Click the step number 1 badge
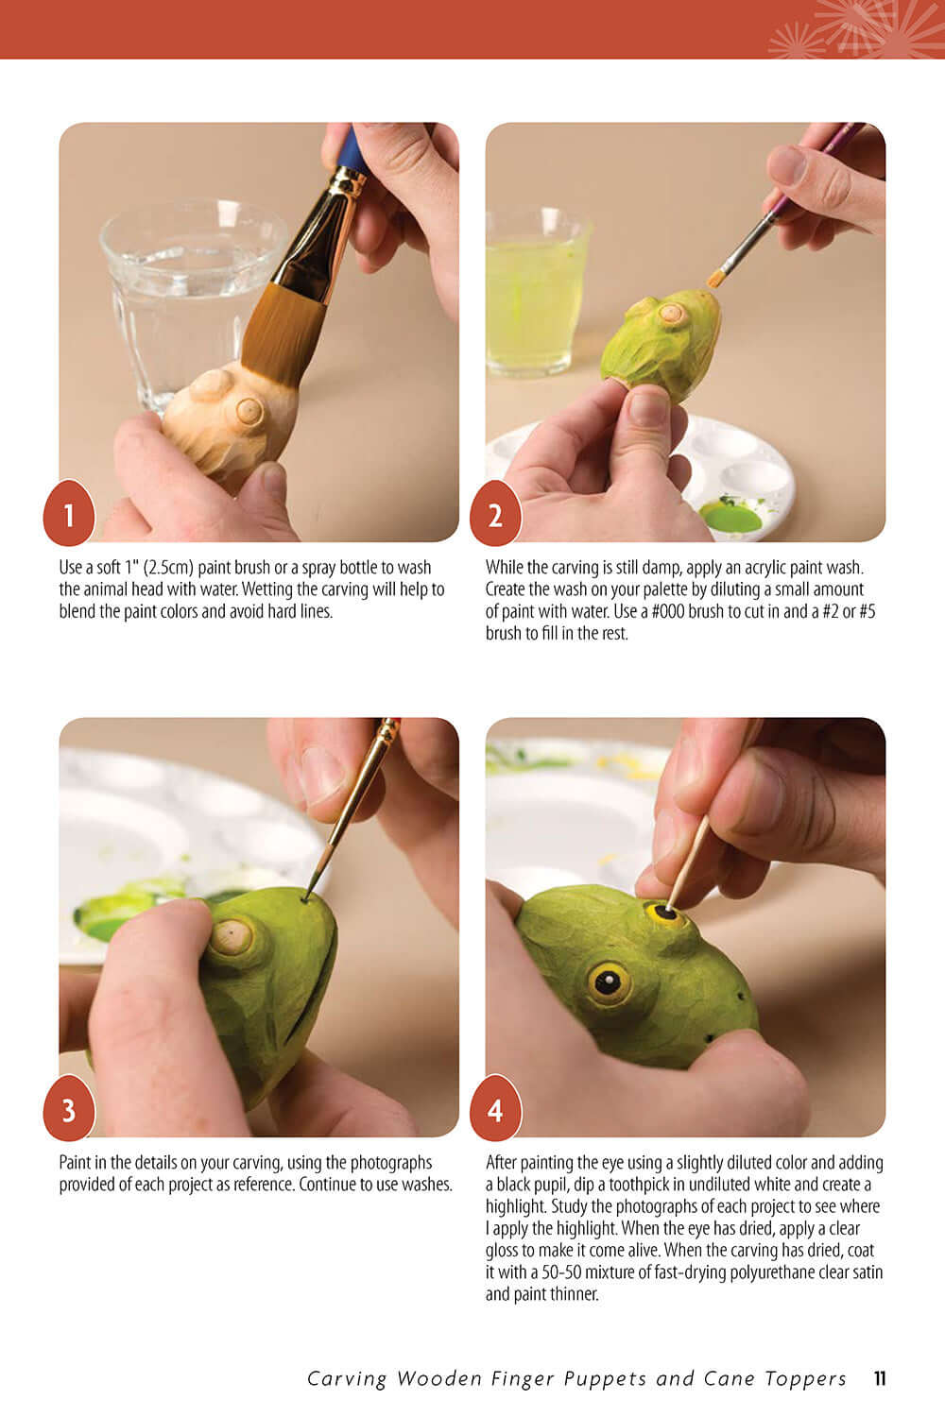(68, 515)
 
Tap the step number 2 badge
(495, 515)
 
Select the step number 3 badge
(68, 1109)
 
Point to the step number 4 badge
(495, 1109)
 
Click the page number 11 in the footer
(879, 1378)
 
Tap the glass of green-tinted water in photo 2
(535, 293)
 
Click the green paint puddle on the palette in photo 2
(730, 517)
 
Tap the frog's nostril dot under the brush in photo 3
(306, 898)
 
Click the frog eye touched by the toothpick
(664, 913)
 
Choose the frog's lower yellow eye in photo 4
(608, 983)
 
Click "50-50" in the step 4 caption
(549, 1272)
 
